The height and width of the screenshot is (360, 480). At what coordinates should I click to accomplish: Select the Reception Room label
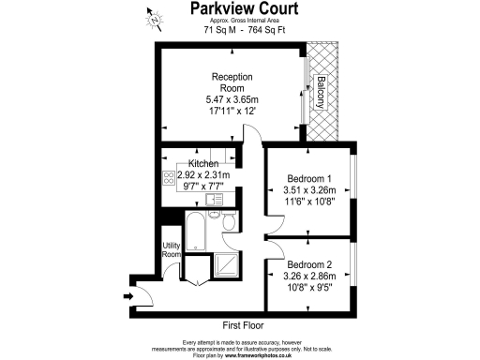[x=231, y=82]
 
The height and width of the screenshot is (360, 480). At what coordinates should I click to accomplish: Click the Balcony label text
[x=321, y=92]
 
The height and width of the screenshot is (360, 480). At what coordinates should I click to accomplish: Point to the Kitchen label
[x=203, y=163]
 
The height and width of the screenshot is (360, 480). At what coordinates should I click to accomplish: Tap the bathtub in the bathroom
[x=196, y=228]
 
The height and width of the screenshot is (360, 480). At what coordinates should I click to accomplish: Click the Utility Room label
[x=171, y=248]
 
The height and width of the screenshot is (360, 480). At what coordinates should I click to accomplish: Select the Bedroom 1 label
[x=309, y=179]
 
